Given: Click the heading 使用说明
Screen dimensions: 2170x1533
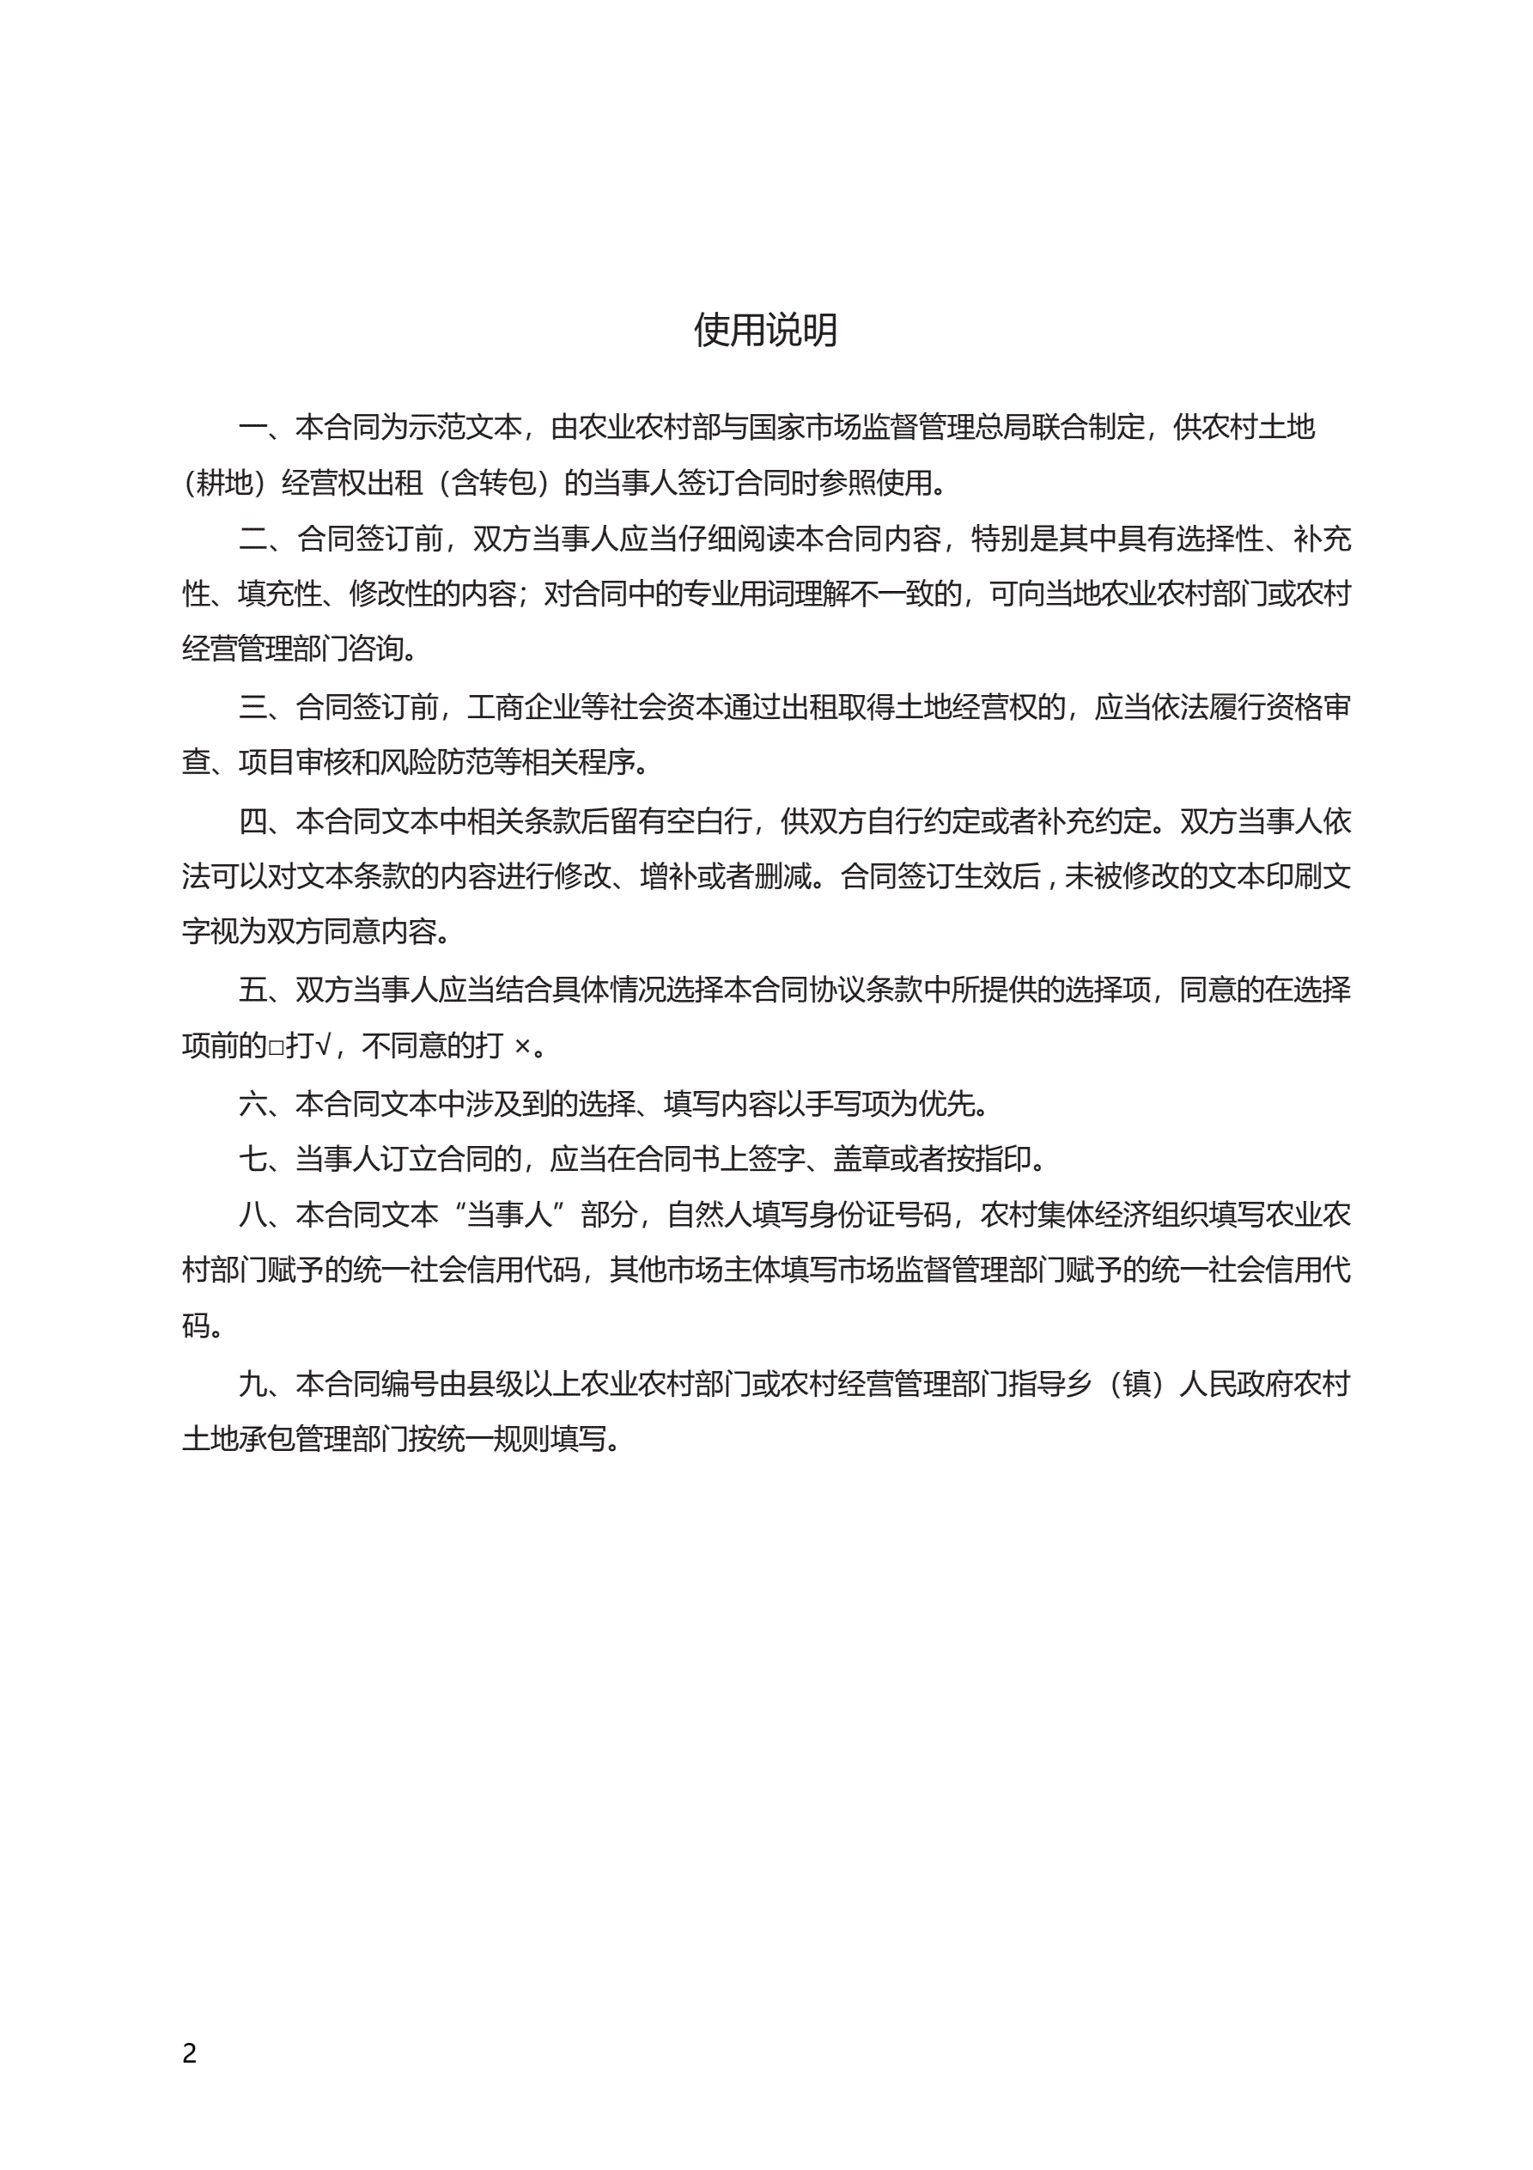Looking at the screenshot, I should coord(765,330).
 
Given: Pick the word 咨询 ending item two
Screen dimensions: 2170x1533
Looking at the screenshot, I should coord(376,649).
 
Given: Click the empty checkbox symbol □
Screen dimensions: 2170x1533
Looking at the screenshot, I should coord(276,1046).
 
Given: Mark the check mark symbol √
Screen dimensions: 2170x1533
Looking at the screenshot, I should coord(322,1045).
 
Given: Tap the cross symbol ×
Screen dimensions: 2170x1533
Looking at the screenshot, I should coord(521,1046).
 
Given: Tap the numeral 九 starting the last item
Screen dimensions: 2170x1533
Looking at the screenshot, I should coord(253,1385).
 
